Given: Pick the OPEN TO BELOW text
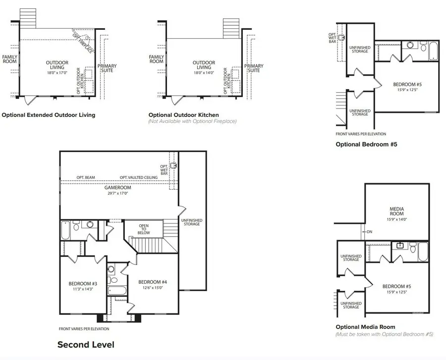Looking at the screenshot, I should [144, 230].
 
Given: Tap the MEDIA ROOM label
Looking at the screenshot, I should [397, 211].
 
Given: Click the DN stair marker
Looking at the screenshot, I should [369, 231].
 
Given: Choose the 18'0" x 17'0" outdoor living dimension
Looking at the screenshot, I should [57, 73].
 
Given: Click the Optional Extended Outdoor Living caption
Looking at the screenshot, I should [49, 115].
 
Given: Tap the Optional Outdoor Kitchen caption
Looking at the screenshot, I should [183, 115].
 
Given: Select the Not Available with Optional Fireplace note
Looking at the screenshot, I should [192, 121].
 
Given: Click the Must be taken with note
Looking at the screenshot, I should [385, 334].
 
